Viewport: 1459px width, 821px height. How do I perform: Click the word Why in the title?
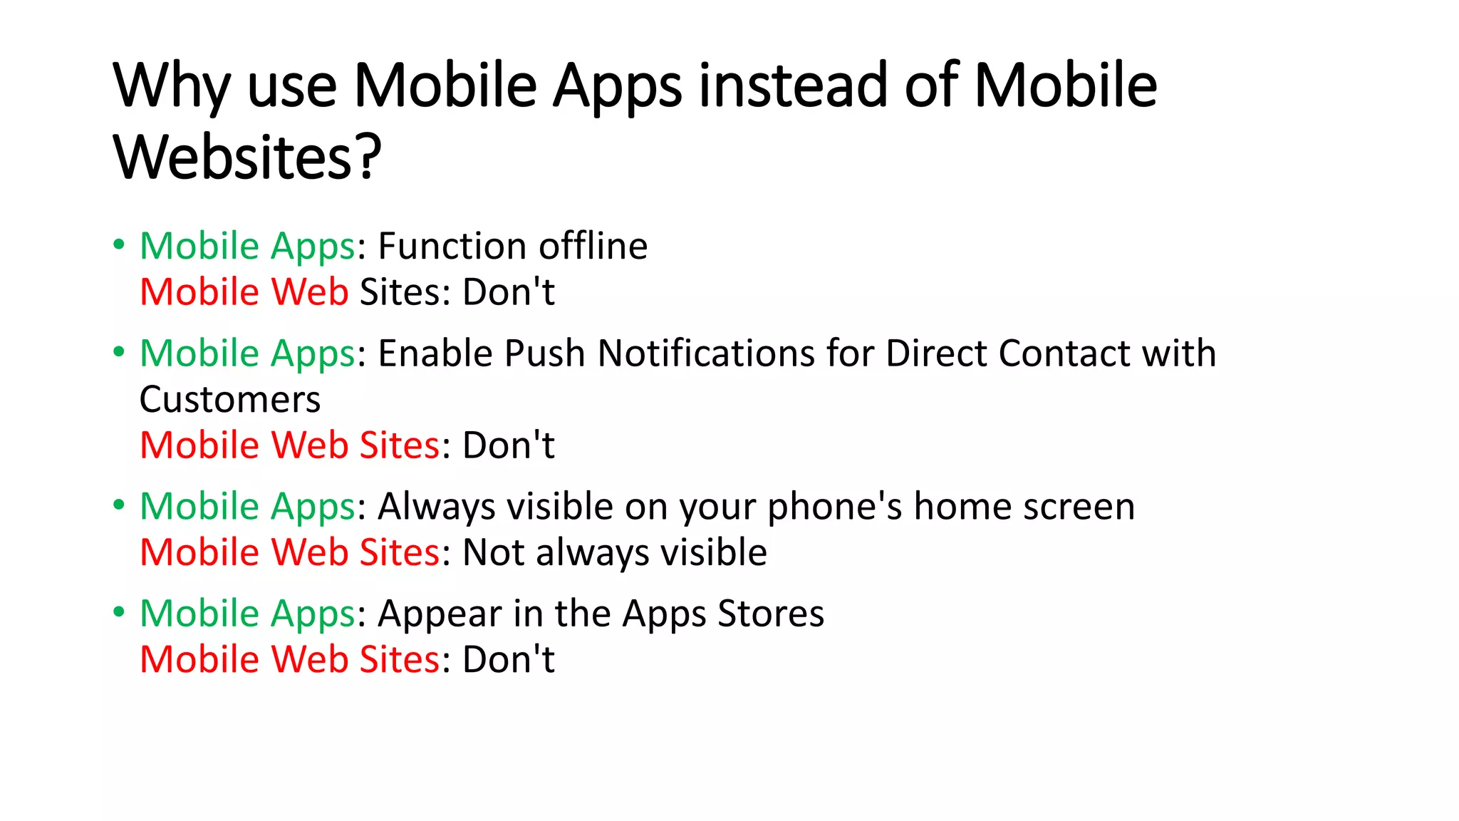[171, 87]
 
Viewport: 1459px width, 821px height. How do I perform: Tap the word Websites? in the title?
[247, 158]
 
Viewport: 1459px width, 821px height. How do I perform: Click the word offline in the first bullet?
[593, 247]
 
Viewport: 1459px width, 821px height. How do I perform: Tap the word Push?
[544, 353]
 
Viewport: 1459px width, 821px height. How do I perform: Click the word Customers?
[230, 400]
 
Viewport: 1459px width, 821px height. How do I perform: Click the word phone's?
[834, 507]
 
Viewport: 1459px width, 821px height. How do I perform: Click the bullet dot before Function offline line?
[119, 245]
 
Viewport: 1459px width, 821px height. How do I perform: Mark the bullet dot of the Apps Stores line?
[119, 612]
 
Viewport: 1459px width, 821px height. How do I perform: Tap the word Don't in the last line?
[509, 660]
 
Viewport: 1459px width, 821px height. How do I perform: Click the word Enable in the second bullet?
[435, 353]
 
